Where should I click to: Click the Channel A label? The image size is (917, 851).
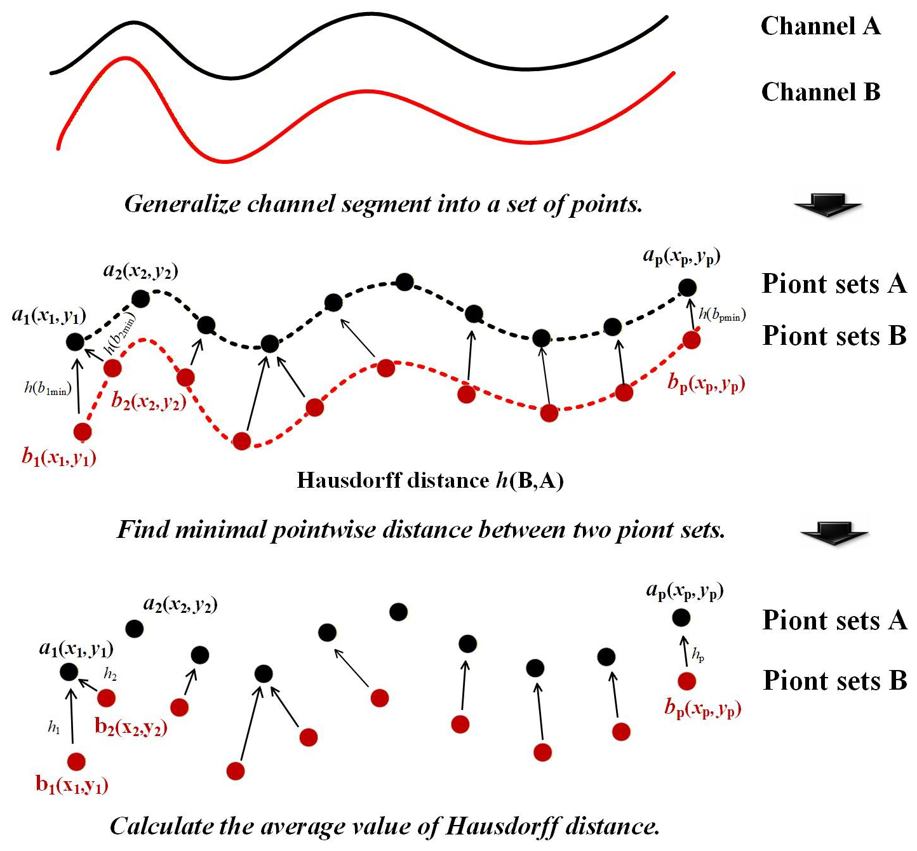tap(820, 26)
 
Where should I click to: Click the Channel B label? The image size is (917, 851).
tap(820, 92)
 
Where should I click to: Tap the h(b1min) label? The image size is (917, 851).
tap(48, 389)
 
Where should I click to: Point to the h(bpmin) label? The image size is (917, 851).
tap(722, 314)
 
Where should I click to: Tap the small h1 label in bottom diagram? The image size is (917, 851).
tap(54, 728)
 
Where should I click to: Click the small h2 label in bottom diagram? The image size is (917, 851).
tap(110, 674)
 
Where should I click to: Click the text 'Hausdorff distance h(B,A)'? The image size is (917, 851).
tap(430, 480)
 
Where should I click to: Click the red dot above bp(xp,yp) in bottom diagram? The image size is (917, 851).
tap(686, 681)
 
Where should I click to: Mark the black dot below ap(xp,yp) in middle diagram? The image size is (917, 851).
tap(686, 287)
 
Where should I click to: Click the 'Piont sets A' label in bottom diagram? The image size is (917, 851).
tap(834, 620)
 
